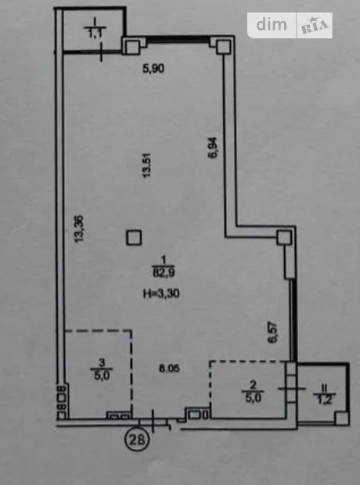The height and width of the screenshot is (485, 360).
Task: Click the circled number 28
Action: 137,440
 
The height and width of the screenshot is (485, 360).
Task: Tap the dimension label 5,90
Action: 153,68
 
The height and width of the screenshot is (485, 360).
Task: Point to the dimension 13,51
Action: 146,165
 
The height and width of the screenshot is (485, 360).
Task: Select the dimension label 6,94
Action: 214,148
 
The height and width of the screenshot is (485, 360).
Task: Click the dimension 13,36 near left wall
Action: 79,229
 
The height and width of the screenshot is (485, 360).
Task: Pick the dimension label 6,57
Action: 273,332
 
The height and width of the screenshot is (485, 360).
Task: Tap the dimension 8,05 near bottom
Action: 169,368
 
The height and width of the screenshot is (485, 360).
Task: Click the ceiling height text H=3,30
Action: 161,293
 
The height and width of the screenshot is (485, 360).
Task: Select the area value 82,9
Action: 164,272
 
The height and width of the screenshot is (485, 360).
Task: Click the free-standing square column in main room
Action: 134,238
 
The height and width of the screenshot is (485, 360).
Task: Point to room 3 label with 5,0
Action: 102,369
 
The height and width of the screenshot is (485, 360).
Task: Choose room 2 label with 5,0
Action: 253,392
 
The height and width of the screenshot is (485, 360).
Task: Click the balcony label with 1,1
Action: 95,28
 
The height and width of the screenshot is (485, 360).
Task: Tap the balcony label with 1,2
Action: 324,394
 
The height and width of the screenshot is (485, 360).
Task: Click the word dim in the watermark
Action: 272,24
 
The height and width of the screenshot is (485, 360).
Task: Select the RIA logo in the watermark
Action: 315,26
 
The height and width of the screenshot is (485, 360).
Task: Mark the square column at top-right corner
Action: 224,47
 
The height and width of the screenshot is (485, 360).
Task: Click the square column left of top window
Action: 131,47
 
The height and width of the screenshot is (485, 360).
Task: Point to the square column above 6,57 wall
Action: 284,238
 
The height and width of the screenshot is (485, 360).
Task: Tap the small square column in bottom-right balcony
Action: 342,418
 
